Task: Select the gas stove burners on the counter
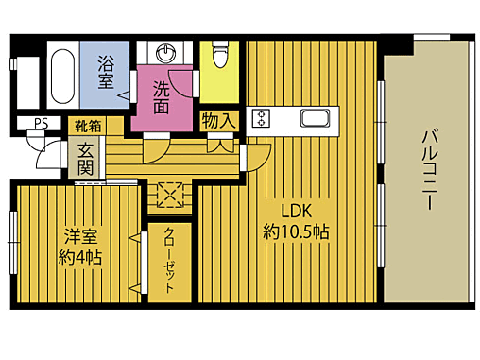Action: point(262,117)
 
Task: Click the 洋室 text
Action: point(80,235)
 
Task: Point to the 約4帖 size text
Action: point(80,256)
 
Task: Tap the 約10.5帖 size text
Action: point(295,231)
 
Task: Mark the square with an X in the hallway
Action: point(170,193)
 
